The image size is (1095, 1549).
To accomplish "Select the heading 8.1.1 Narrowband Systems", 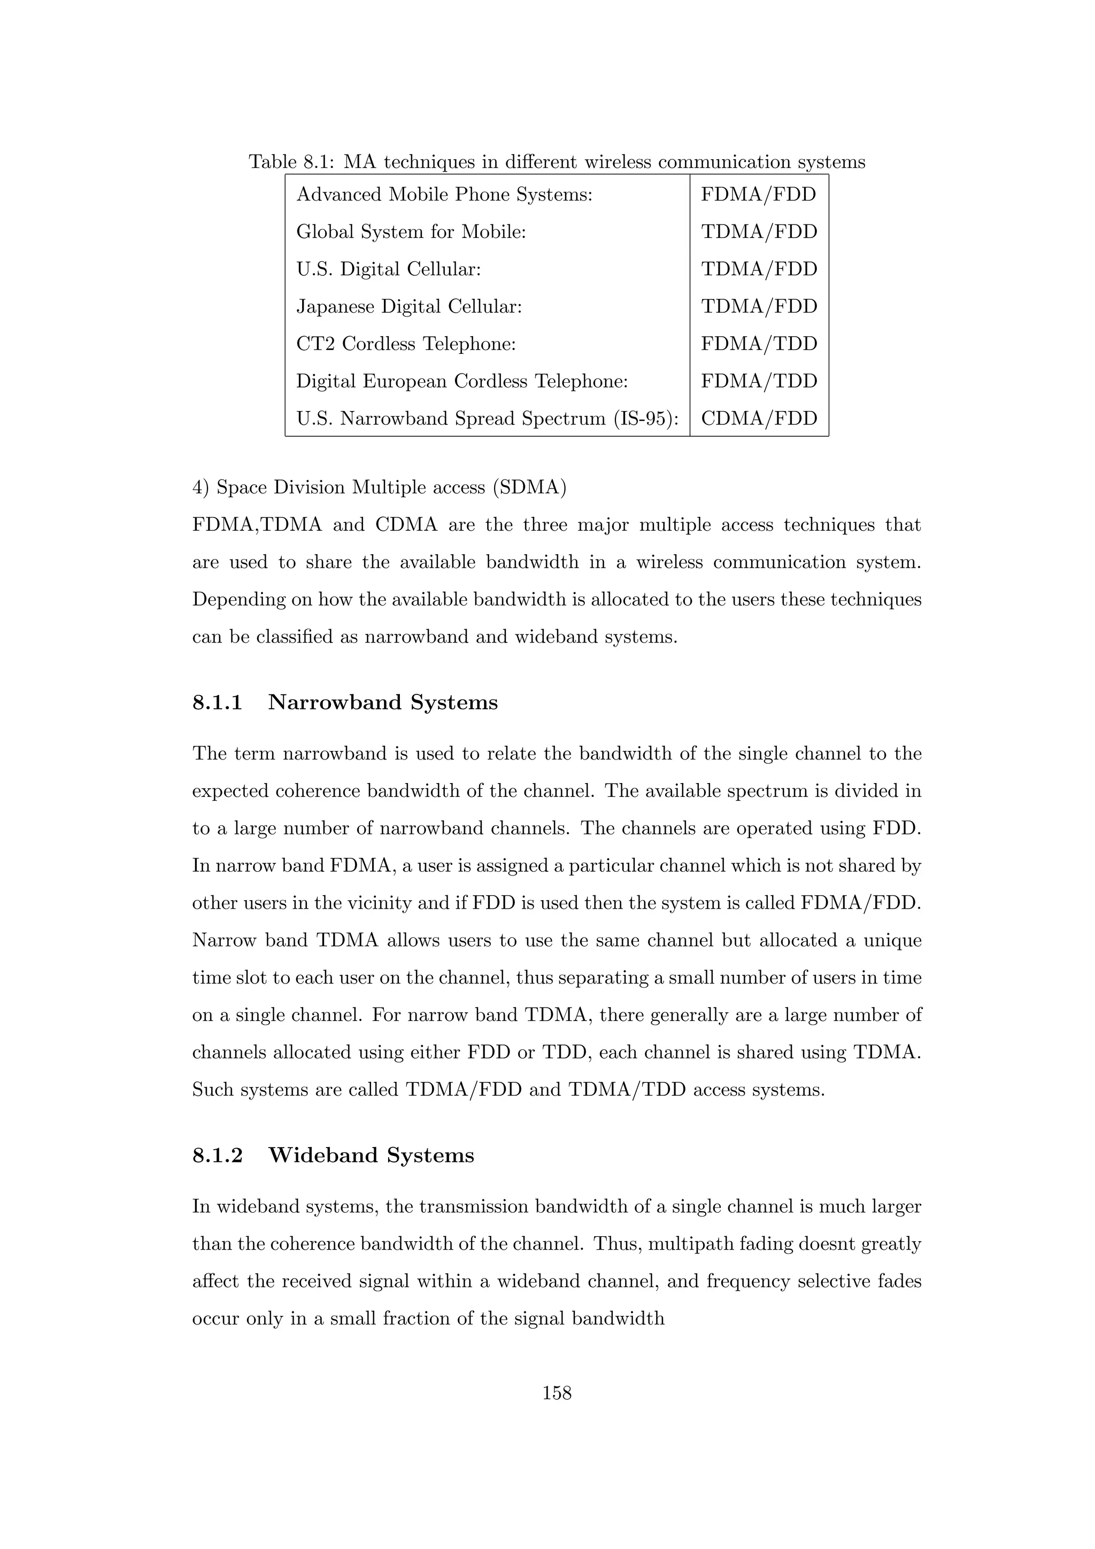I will coord(345,702).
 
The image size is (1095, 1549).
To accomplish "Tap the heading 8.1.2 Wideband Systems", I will coord(333,1155).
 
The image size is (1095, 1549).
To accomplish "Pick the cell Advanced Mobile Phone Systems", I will coord(444,195).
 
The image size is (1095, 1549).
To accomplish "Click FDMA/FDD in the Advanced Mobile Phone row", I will coord(758,195).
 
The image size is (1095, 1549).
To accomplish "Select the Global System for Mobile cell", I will coord(411,232).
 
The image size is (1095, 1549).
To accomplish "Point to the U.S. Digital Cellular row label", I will coord(389,269).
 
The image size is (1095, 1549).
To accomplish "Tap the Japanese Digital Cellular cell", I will coord(409,307).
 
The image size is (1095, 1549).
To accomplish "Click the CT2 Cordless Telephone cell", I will coord(405,344).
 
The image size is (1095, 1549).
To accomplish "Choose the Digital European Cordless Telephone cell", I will coord(462,382).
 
